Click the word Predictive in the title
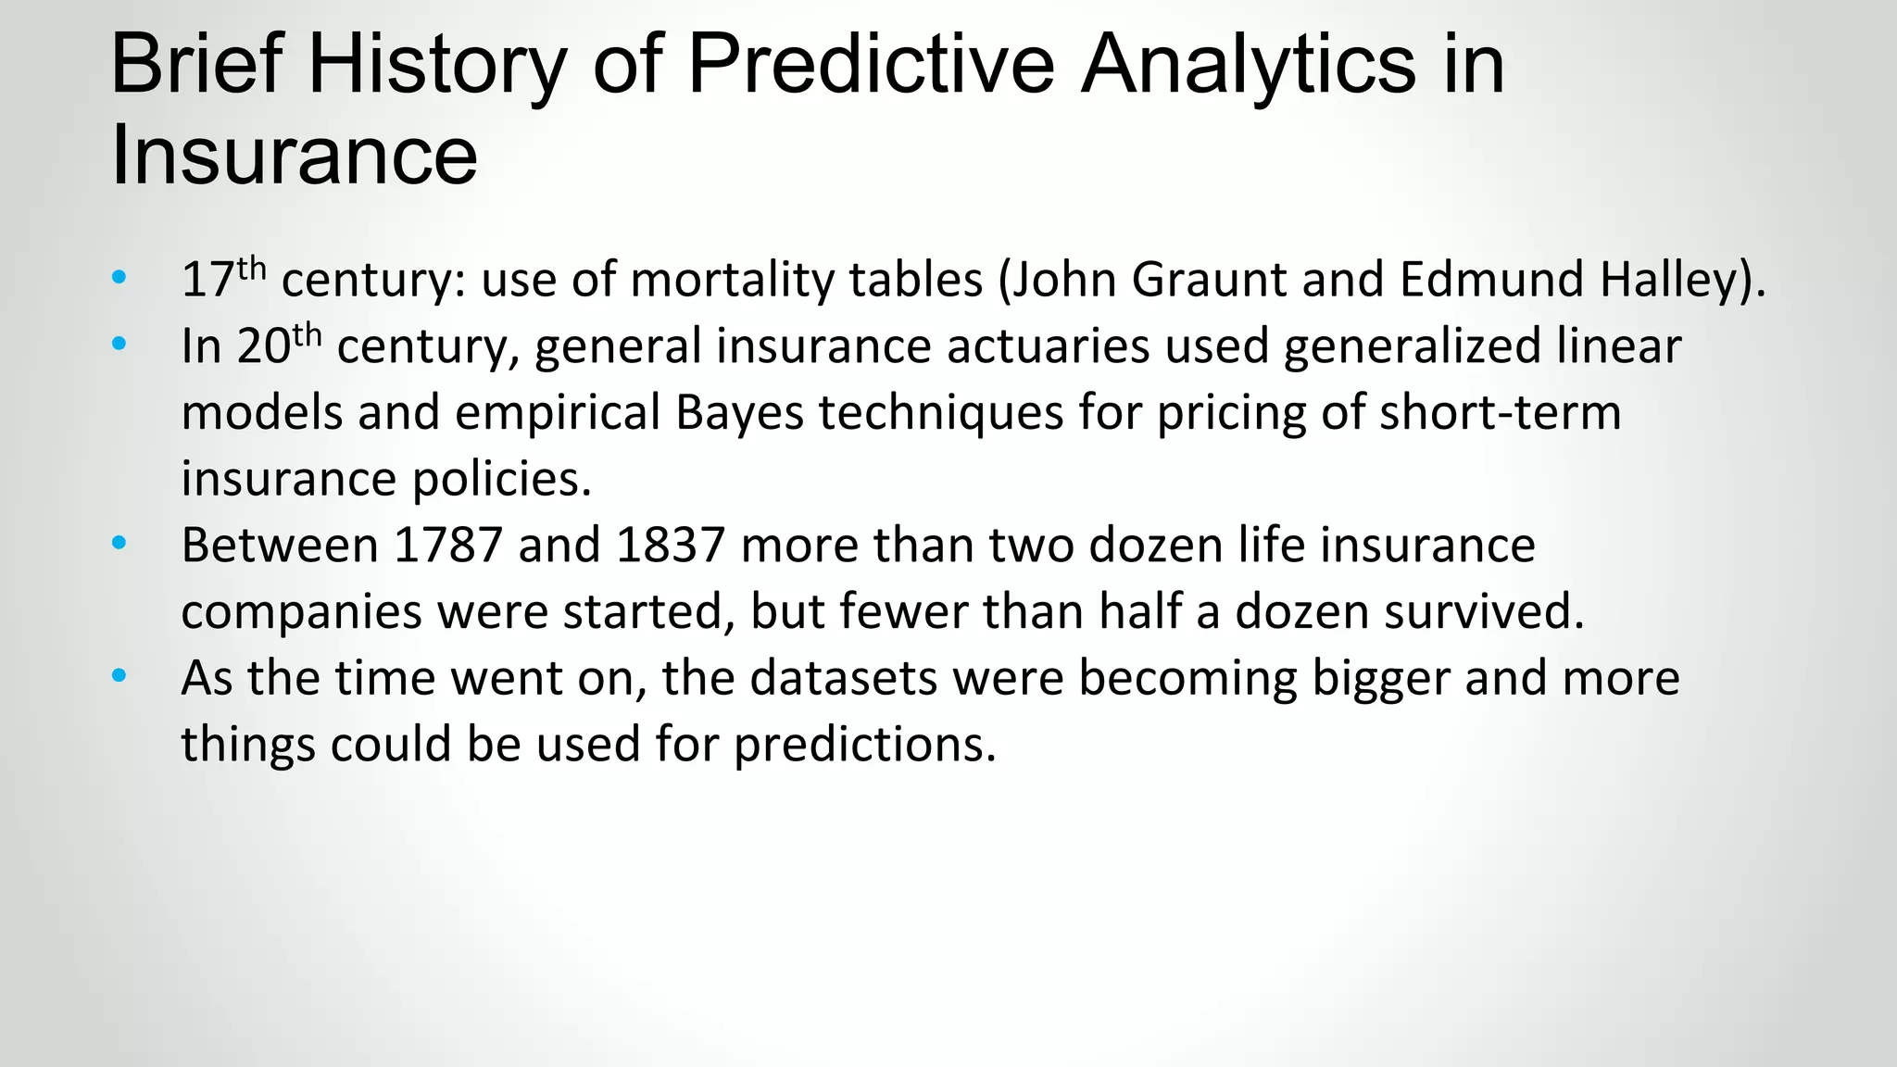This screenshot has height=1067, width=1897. [x=871, y=65]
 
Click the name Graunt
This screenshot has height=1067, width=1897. [x=1209, y=280]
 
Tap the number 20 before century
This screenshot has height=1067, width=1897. [x=263, y=346]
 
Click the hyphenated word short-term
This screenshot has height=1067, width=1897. [x=1501, y=413]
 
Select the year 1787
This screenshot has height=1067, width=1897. [x=447, y=546]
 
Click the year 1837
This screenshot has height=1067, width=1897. [x=670, y=546]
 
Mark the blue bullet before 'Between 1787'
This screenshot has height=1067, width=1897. [x=119, y=544]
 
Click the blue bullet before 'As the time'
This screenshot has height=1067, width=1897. [x=119, y=677]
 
